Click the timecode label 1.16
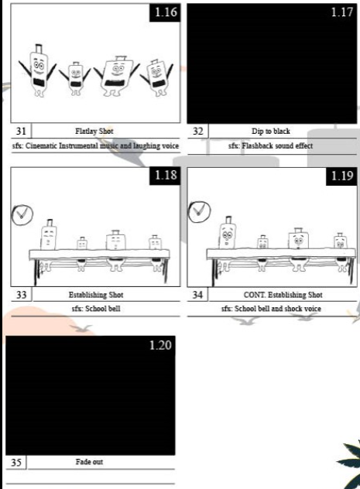[x=166, y=12]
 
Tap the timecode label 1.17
[x=342, y=12]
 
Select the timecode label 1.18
[x=166, y=175]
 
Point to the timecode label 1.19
[x=342, y=176]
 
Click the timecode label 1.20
[x=160, y=345]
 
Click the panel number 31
[x=21, y=131]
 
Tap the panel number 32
[x=197, y=131]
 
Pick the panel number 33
[x=21, y=294]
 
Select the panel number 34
[x=197, y=294]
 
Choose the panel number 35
[x=16, y=462]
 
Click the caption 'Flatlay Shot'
[x=94, y=132]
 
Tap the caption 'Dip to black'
[x=271, y=132]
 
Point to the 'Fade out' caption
[x=89, y=462]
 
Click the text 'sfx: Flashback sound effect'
[x=270, y=145]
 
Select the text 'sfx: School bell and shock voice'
[x=271, y=309]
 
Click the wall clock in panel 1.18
[x=22, y=214]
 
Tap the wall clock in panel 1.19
[x=199, y=212]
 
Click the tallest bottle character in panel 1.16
[x=39, y=70]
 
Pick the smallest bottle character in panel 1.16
[x=75, y=79]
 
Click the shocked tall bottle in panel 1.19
[x=228, y=233]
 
